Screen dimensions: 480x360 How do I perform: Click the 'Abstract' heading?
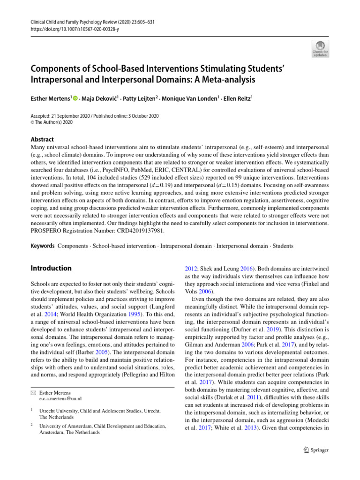point(42,139)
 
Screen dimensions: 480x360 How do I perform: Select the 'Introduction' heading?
point(51,268)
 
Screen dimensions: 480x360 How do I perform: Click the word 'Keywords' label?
point(42,246)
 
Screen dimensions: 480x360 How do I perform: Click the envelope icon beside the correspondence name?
point(33,392)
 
